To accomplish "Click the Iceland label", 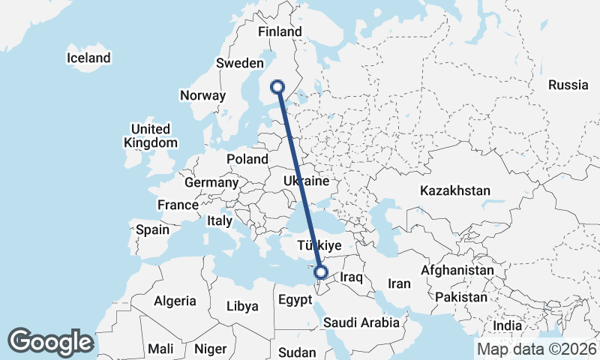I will pos(88,58).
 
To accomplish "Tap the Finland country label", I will pos(279,31).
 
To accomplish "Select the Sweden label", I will pos(239,63).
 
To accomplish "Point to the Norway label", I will pos(202,95).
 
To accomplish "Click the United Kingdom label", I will pos(151,135).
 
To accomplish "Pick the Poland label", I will pos(247,159).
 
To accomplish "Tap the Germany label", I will pos(211,182).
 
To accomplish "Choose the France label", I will pos(178,205).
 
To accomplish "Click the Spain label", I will pos(152,229).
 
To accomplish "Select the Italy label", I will pos(220,220).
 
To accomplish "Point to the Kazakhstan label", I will pos(455,190).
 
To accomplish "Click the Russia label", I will pos(568,85).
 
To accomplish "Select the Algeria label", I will pos(175,301).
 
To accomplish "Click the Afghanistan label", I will pos(457,270).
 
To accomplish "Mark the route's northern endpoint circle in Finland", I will pos(278,86).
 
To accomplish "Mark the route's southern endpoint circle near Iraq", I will pos(321,273).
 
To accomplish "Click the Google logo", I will pos(50,341).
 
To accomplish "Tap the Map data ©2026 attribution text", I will pos(537,349).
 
